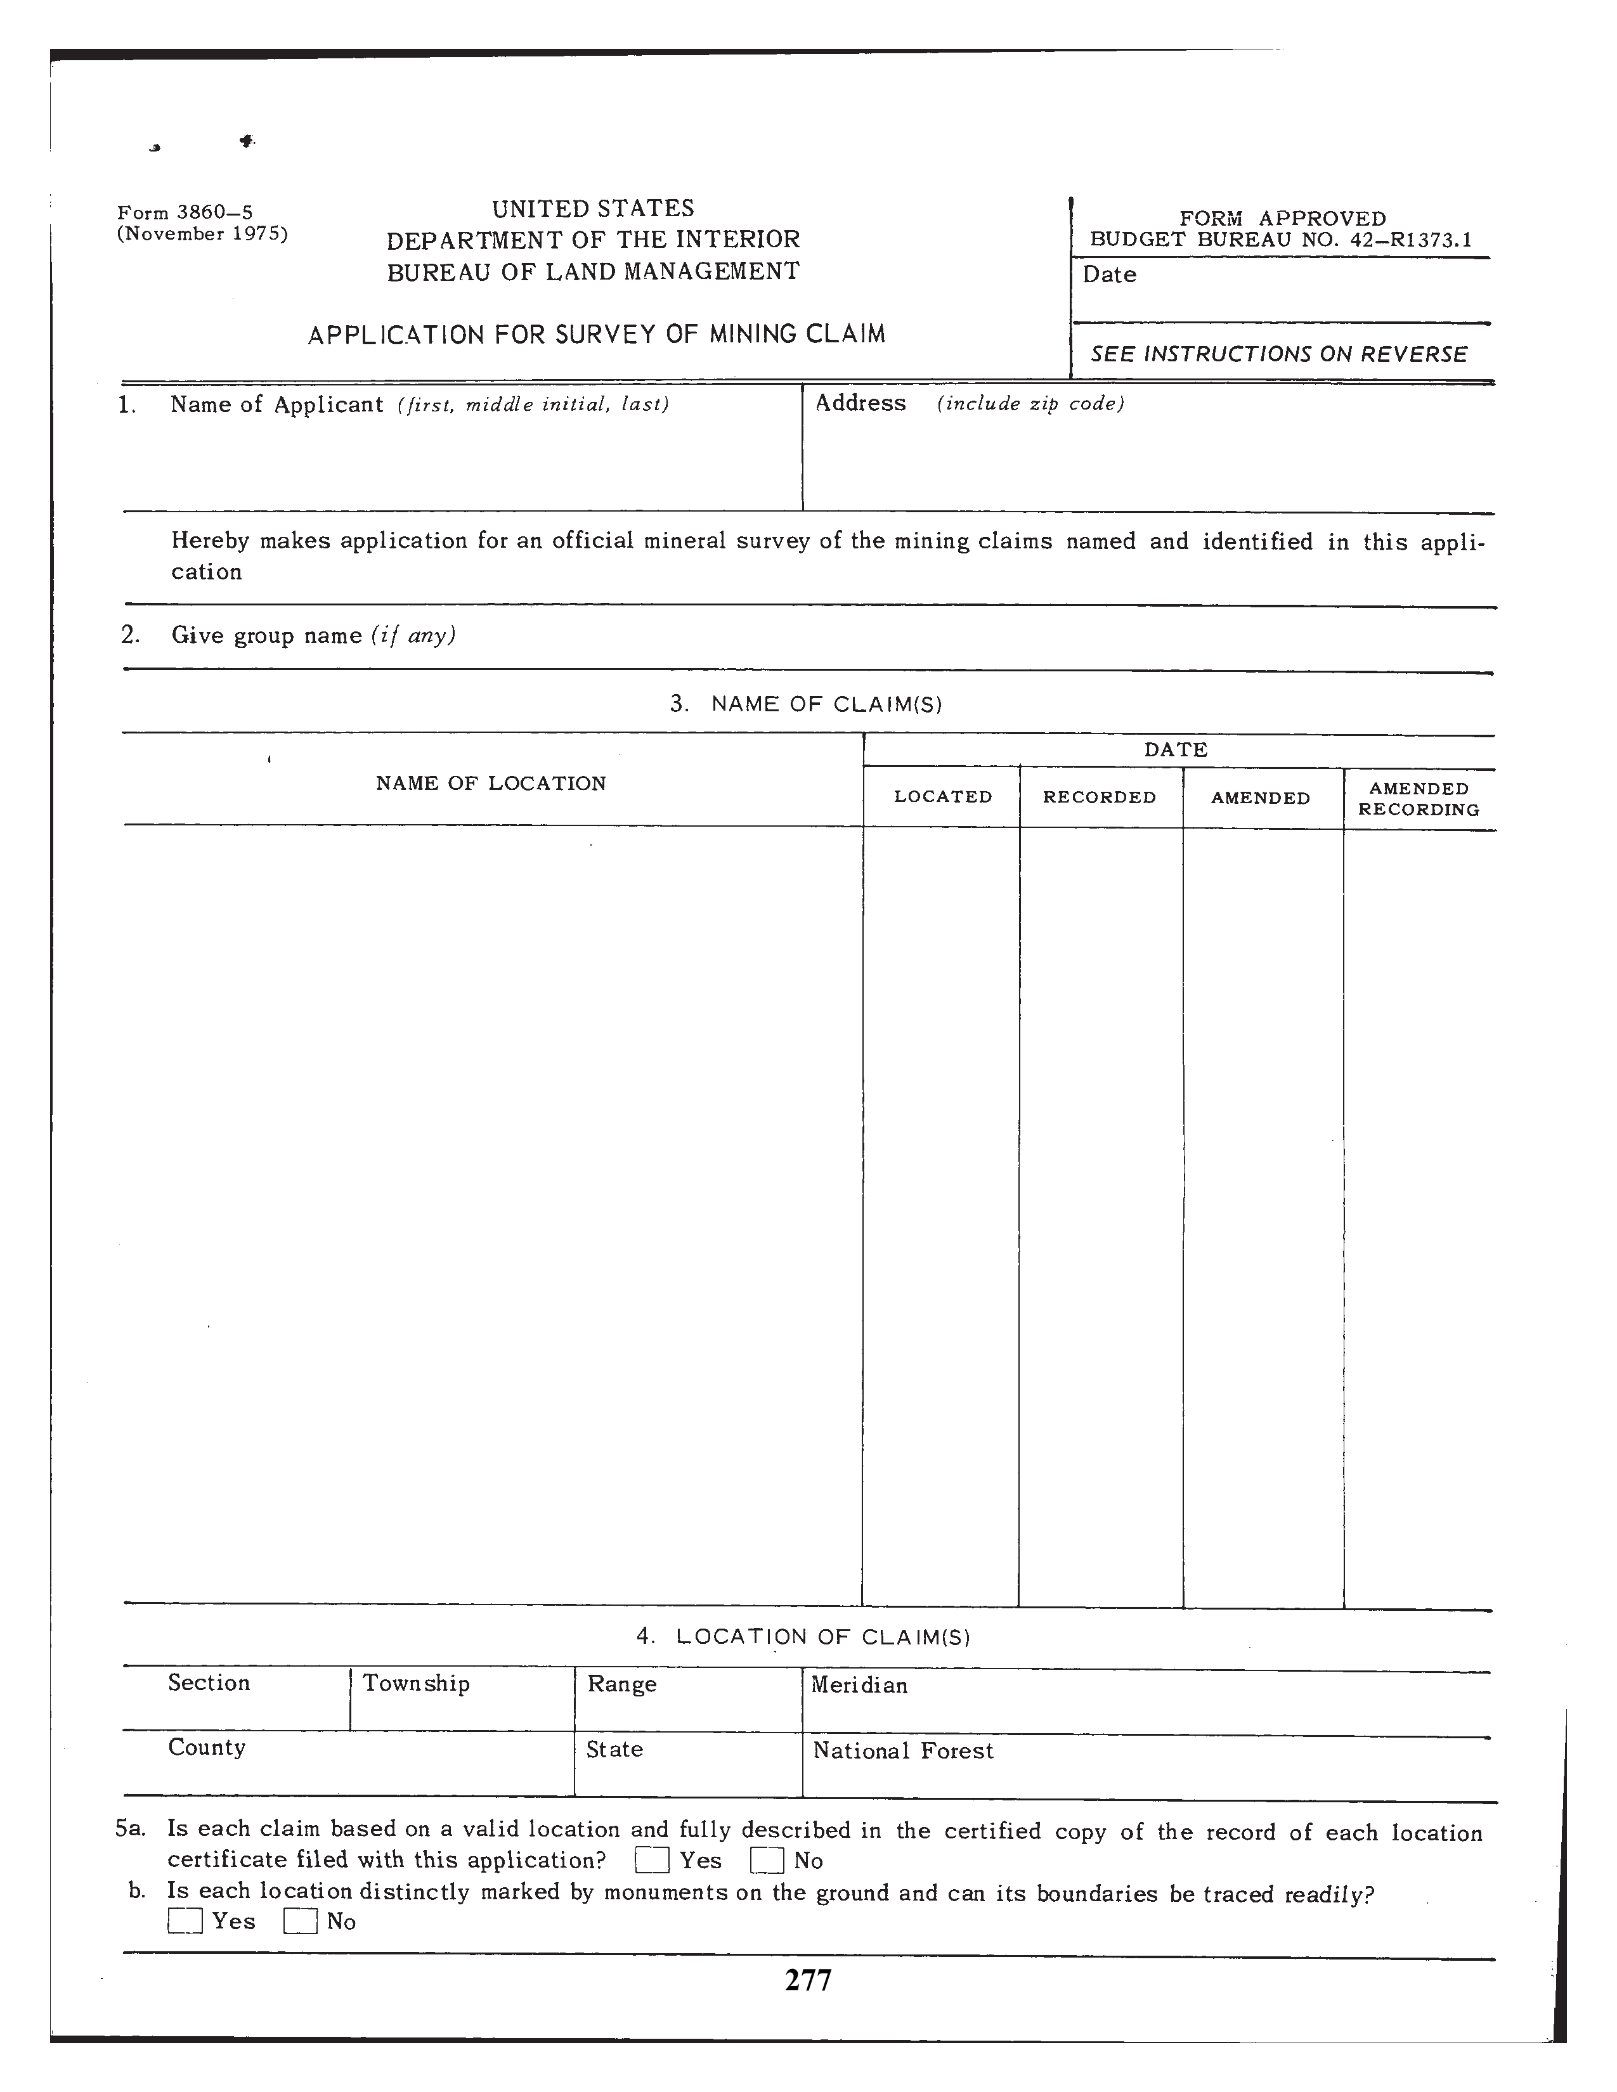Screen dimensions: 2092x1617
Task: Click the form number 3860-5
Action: tap(185, 212)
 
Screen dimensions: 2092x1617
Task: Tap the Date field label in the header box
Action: tap(1109, 275)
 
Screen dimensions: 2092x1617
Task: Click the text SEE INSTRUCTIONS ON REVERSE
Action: tap(1279, 354)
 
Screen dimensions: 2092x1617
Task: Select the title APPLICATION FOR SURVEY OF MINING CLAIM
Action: tap(596, 334)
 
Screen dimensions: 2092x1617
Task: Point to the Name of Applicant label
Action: tap(277, 404)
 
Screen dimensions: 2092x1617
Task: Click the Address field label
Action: tap(860, 403)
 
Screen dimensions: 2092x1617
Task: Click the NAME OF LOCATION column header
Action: tap(490, 784)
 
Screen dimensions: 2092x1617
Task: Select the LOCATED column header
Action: tap(942, 797)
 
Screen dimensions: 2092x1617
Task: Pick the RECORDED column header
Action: tap(1099, 797)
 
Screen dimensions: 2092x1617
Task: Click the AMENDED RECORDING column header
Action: tap(1419, 799)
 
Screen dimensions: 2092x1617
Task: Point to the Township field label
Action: tap(416, 1683)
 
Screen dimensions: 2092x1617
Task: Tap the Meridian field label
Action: tap(859, 1685)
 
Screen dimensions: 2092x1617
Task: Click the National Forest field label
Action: tap(902, 1751)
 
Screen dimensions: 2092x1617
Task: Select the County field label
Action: tap(207, 1747)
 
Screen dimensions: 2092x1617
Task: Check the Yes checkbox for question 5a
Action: tap(651, 1860)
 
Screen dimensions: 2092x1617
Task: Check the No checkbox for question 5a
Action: tap(767, 1860)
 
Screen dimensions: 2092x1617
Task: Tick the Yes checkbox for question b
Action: tap(185, 1921)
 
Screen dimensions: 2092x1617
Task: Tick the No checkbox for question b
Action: tap(300, 1921)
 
